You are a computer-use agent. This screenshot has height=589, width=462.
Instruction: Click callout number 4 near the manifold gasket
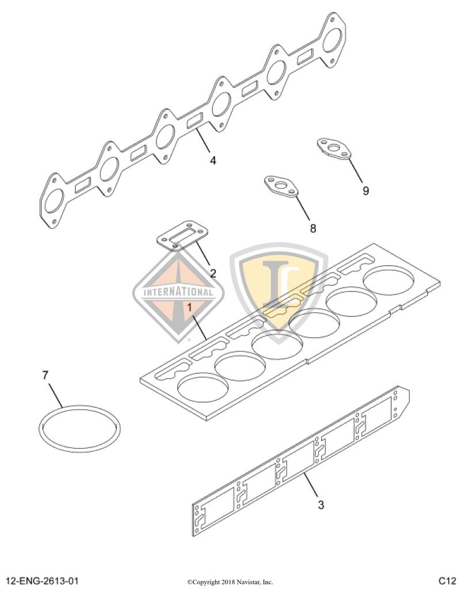click(x=213, y=160)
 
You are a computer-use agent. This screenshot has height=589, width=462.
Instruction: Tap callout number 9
click(x=365, y=190)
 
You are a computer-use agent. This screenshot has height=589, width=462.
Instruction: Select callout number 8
click(x=313, y=228)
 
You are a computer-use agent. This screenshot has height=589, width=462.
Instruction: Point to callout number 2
click(x=212, y=273)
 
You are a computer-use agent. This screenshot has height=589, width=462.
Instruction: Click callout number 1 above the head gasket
click(x=189, y=307)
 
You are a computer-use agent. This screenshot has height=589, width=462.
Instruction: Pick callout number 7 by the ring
click(x=45, y=376)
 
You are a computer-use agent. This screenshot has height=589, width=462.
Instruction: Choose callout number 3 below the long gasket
click(x=320, y=505)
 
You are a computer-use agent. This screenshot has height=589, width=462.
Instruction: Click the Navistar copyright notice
click(x=230, y=582)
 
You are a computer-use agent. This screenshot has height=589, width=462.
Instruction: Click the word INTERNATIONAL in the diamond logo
click(x=178, y=291)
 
